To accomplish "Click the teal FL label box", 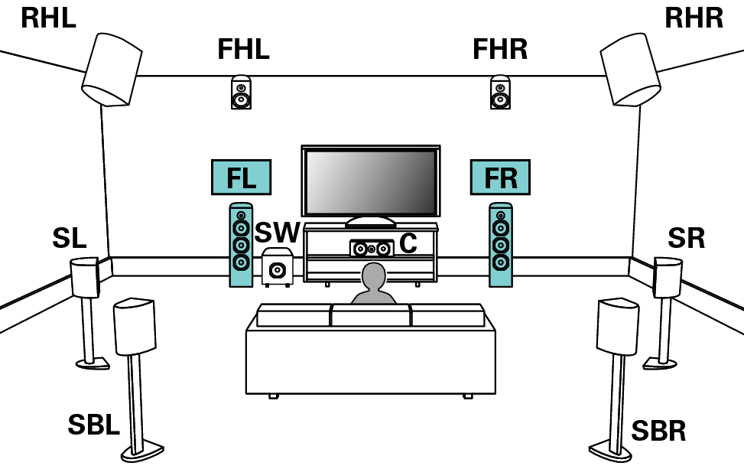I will (x=241, y=178).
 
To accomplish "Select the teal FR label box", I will (x=500, y=178).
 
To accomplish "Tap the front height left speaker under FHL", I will (x=241, y=93).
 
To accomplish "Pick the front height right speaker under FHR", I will (x=500, y=93).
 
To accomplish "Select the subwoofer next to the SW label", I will (x=277, y=268).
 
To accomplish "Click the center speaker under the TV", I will (x=371, y=249).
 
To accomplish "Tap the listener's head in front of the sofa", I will (x=374, y=277).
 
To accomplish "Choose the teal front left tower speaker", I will (x=241, y=245).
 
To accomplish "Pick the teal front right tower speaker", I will (x=501, y=245).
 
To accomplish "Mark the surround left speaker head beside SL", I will (x=85, y=277).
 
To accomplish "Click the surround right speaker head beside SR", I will (x=668, y=277).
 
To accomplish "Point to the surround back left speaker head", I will (x=135, y=327).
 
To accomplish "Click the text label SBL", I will (x=93, y=425).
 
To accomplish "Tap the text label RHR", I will (x=694, y=18).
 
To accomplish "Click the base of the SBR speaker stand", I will (x=609, y=451).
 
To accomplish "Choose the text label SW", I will (x=277, y=233).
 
